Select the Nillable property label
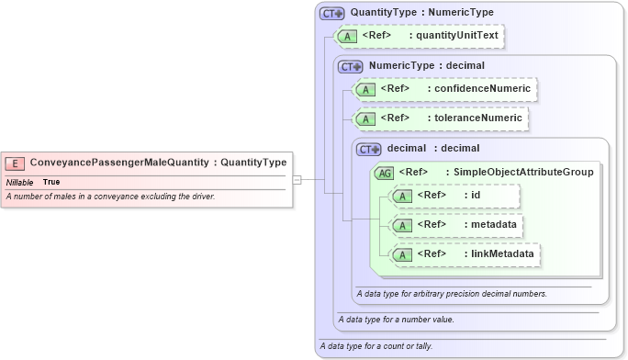click(x=19, y=182)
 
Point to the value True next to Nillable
click(x=52, y=182)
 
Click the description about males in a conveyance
click(x=110, y=197)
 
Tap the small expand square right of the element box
click(x=297, y=180)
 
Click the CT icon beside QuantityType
click(x=331, y=13)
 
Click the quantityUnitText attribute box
click(x=421, y=37)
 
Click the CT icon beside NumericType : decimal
click(x=351, y=66)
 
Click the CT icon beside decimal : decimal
click(x=369, y=148)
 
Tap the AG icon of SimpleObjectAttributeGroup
click(x=384, y=172)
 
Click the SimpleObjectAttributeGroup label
click(x=519, y=172)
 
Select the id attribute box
click(x=454, y=196)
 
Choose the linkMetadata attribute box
click(x=465, y=253)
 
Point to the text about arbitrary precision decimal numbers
click(x=452, y=294)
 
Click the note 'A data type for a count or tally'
click(x=376, y=346)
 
